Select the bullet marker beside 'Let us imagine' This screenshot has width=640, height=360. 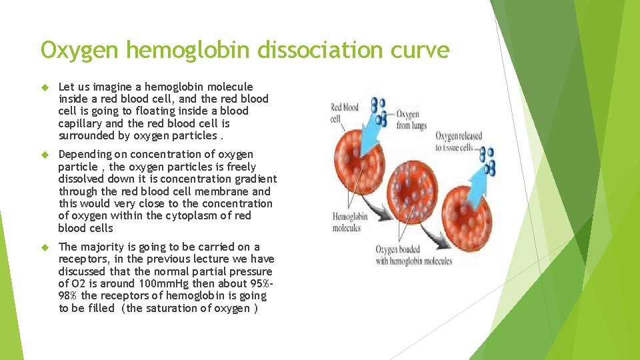pos(45,87)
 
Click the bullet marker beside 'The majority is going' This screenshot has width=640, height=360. pos(45,247)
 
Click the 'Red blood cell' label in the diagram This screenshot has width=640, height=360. pos(344,113)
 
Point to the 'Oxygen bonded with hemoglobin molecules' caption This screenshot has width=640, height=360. pos(413,255)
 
